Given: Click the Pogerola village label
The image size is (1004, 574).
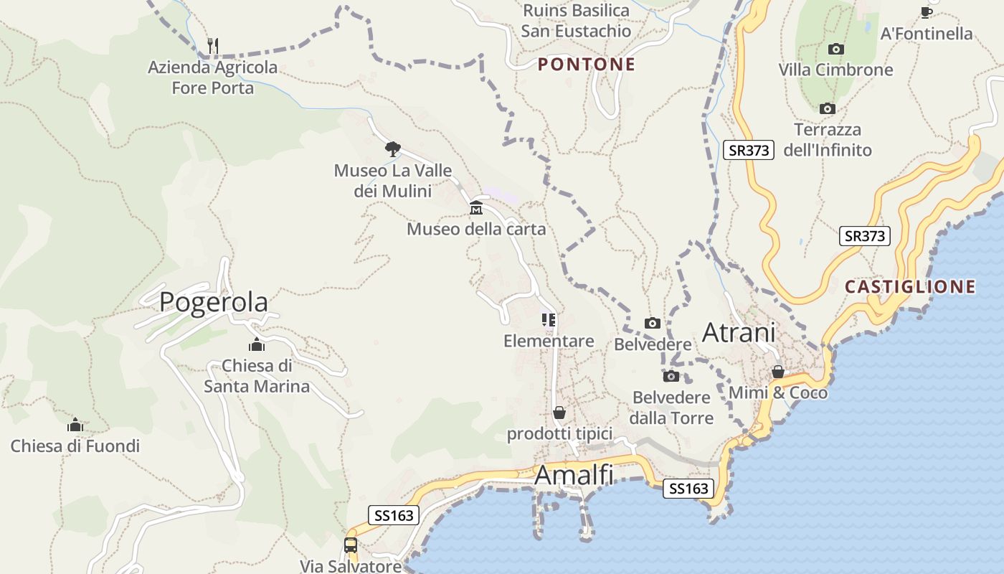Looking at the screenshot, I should (214, 302).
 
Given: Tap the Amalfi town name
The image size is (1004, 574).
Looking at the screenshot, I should (574, 475).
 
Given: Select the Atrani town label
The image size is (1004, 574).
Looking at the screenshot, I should (739, 333).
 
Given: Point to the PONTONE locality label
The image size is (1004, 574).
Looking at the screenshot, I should (587, 65).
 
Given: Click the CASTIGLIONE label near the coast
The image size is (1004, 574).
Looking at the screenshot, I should (910, 287).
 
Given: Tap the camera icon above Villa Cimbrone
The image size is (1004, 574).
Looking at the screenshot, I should (835, 50).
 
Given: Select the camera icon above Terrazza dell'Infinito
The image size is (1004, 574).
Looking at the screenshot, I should (828, 109).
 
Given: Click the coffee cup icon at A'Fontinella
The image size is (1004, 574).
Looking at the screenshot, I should (926, 12).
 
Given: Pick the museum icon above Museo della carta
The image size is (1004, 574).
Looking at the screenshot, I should (475, 209).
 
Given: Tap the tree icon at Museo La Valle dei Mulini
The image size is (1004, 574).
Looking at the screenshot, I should (392, 149).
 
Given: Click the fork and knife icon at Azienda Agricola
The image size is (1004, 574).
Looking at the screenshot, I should (212, 46).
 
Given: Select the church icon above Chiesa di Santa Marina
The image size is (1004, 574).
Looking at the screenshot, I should (256, 345).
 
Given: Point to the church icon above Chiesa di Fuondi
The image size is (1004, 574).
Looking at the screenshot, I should (75, 425).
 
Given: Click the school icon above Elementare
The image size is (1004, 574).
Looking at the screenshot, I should (549, 320).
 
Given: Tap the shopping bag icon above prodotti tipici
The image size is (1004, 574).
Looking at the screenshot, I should (559, 413).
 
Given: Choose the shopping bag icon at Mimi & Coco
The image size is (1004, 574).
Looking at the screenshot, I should (777, 372).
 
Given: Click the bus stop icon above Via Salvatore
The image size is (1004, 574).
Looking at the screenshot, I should (350, 545).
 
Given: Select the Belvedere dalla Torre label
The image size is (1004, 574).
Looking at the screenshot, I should (671, 408).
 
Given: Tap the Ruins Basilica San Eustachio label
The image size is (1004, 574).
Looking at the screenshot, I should (576, 21).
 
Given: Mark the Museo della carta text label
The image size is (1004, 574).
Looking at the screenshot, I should (476, 230).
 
